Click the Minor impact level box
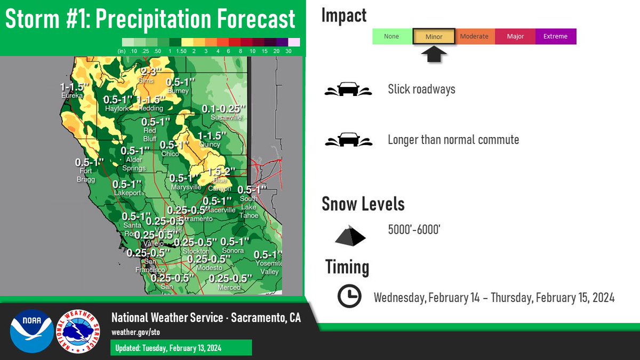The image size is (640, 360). coord(434,37)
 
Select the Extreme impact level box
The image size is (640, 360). coord(555,37)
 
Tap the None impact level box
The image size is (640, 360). coord(391,37)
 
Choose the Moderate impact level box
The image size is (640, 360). coord(474,37)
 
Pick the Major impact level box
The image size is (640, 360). coord(515,37)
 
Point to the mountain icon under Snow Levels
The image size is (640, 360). coord(350,235)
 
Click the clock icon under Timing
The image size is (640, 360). coord(349,296)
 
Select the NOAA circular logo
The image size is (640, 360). coord(31,331)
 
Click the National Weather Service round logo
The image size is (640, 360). coord(78,331)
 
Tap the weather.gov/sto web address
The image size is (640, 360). coord(135,332)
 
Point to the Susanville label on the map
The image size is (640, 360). coord(226,117)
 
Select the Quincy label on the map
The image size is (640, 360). coord(209,145)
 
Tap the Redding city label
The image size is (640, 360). coord(150,108)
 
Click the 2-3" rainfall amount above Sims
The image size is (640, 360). coord(151,71)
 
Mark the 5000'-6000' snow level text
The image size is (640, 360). coord(414,230)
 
